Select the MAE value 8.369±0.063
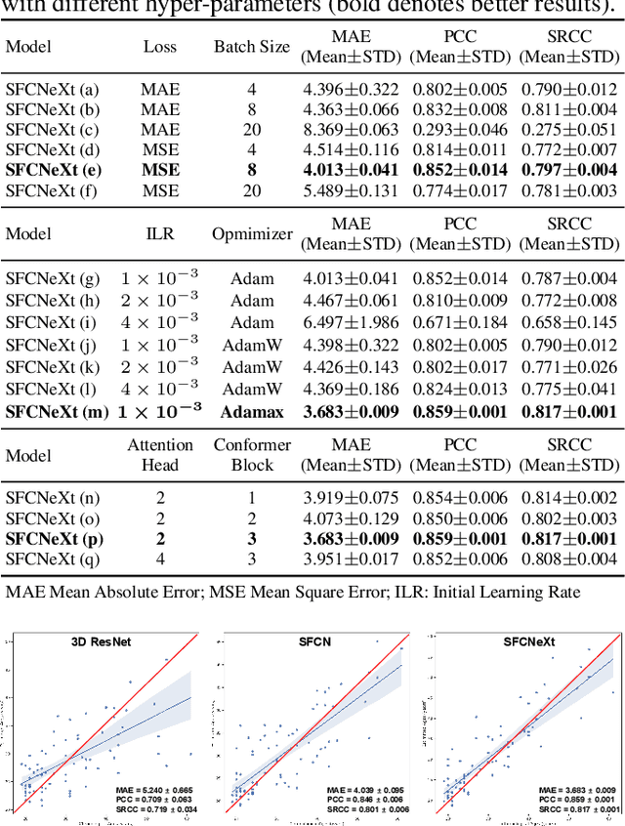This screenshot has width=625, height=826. [x=351, y=129]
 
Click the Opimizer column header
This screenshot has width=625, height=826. [x=252, y=234]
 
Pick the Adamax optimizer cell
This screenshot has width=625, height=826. [x=252, y=412]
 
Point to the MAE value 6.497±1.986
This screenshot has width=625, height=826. [x=351, y=322]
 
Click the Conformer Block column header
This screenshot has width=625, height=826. [x=252, y=455]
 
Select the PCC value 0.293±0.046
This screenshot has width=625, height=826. [x=460, y=129]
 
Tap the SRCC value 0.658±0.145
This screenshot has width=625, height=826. [x=569, y=322]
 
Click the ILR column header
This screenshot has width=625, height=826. [x=159, y=234]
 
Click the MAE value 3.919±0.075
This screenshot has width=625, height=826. [x=351, y=497]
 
